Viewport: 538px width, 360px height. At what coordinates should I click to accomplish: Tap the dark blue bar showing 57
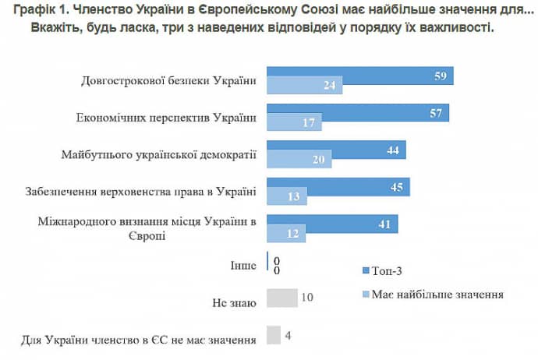(x=358, y=113)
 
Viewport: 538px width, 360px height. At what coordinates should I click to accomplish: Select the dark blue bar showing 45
(x=338, y=187)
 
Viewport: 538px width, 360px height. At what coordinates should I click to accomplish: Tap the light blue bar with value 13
(x=287, y=198)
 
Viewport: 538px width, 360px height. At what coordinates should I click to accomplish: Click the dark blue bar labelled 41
(x=332, y=224)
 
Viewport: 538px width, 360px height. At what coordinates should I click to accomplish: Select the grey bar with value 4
(x=274, y=335)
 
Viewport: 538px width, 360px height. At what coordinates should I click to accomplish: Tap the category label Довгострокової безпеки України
(x=168, y=81)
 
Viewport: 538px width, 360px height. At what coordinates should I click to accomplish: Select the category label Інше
(x=244, y=266)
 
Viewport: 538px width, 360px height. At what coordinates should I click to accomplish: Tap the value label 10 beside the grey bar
(x=306, y=298)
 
